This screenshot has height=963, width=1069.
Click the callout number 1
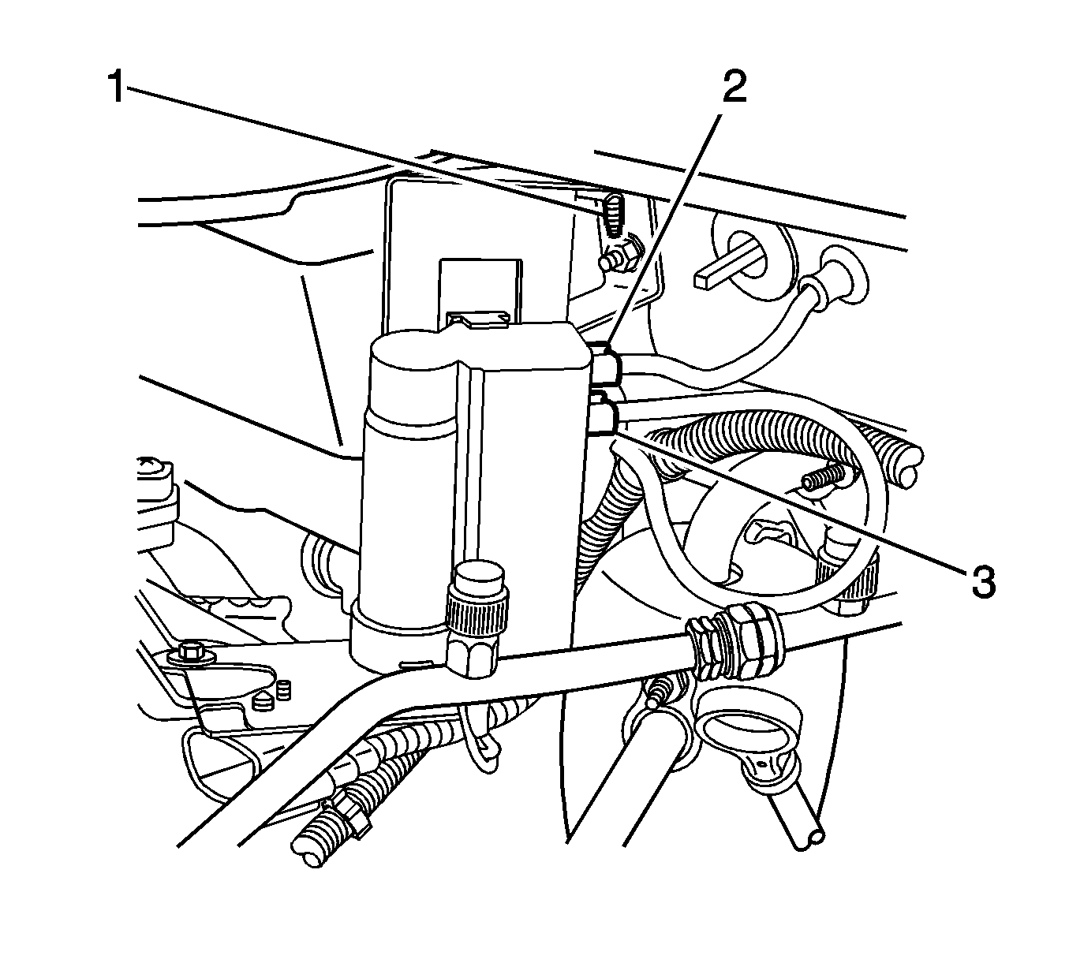pos(116,88)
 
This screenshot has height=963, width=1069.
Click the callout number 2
pos(734,87)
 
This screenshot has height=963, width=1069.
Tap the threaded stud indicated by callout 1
pos(614,216)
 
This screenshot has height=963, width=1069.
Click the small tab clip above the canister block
pos(478,319)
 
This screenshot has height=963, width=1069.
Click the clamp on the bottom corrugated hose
pos(349,818)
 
